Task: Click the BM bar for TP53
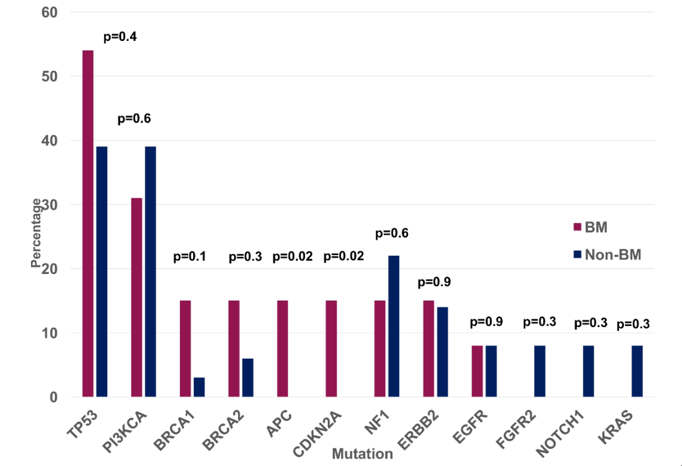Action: tap(88, 224)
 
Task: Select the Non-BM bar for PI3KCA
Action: tap(150, 272)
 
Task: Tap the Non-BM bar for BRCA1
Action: tap(199, 387)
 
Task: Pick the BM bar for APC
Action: tap(282, 349)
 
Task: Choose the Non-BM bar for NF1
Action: tap(393, 326)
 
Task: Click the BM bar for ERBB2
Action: tap(428, 349)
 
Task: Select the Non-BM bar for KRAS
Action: tap(637, 371)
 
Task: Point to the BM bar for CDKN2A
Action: tap(331, 349)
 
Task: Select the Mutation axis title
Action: tap(362, 453)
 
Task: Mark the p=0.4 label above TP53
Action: tap(120, 36)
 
